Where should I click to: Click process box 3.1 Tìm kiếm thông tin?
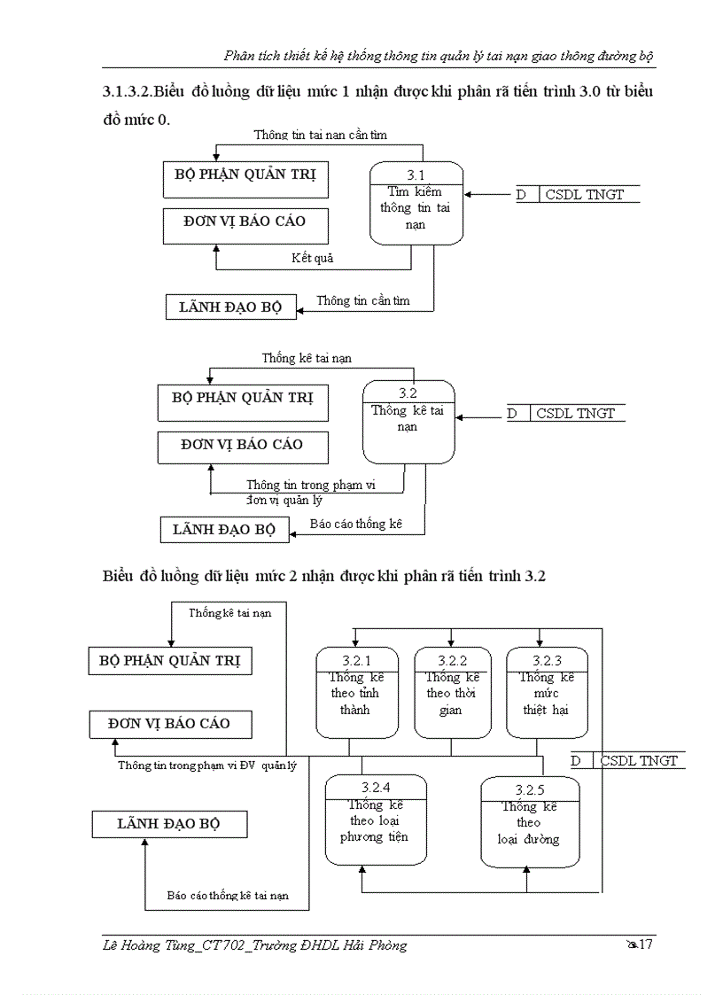[416, 203]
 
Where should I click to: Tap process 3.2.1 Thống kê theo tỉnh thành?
[354, 693]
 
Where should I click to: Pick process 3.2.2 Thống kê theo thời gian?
[450, 693]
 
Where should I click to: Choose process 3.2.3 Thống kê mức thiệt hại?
[546, 693]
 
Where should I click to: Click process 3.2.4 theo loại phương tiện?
[376, 820]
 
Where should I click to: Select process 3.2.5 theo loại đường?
[529, 822]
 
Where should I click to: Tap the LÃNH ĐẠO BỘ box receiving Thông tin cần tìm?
[230, 307]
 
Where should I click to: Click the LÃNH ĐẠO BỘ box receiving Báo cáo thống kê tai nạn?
[169, 824]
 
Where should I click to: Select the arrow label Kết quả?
[312, 259]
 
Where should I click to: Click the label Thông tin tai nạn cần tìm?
[320, 136]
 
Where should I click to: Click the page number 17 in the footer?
[645, 944]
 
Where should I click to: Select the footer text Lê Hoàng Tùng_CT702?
[169, 945]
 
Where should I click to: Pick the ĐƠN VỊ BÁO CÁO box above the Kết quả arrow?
[244, 222]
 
